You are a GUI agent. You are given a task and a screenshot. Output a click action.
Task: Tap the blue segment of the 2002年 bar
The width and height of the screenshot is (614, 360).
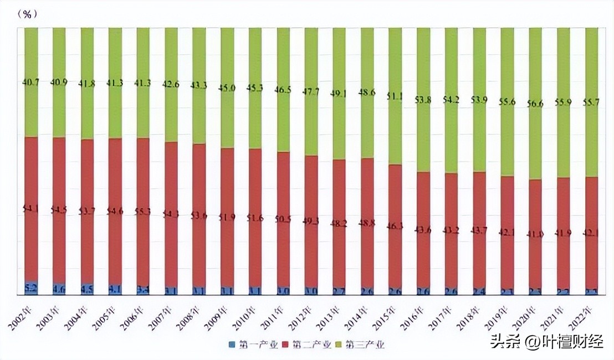point(31,288)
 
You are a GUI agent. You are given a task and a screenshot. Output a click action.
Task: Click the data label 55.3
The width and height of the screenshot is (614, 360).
point(143,212)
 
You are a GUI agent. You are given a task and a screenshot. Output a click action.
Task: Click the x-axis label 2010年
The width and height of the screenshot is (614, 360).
point(244,316)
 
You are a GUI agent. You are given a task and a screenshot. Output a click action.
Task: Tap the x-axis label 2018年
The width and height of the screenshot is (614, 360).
point(468,316)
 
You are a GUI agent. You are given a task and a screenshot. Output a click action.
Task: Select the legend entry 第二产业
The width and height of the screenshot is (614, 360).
point(307,344)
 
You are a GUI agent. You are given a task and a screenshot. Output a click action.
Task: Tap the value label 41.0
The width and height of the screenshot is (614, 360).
point(535,234)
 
